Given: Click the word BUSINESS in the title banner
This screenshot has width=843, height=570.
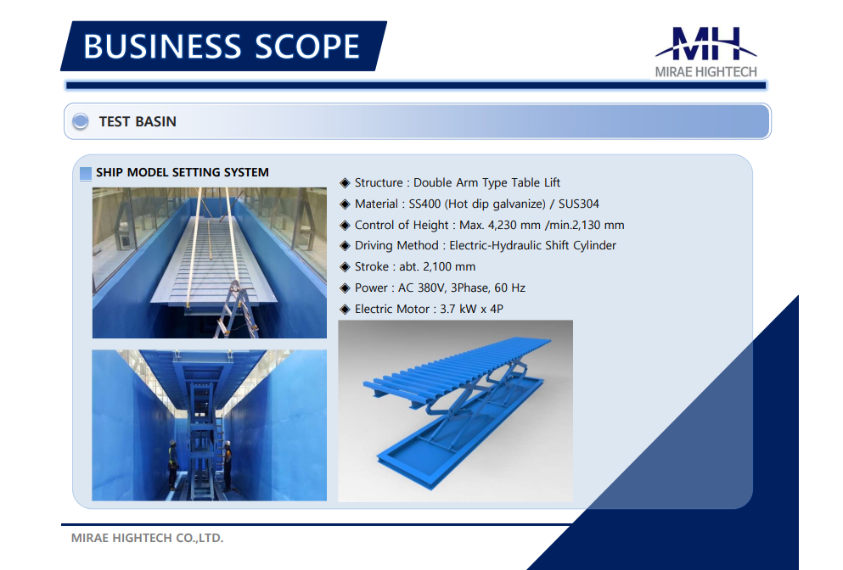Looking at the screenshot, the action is [x=162, y=46].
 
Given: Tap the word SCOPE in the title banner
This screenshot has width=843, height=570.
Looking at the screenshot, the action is [x=307, y=46].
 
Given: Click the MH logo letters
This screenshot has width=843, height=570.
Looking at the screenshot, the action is [x=706, y=43].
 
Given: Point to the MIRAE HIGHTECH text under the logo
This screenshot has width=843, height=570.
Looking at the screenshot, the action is [x=706, y=72].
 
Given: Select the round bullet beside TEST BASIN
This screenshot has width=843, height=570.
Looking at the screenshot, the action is [x=81, y=121].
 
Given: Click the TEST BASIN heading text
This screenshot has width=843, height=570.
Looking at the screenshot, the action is [x=138, y=121].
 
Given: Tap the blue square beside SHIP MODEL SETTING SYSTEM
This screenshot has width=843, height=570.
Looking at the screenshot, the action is [x=86, y=174].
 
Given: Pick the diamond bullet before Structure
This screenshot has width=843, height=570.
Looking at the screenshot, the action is [x=346, y=183].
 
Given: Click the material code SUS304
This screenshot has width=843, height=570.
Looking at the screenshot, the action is [x=578, y=204].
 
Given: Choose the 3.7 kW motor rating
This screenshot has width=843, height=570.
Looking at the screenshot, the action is [x=458, y=309].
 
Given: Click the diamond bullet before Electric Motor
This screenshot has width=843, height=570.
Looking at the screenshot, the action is [x=346, y=310].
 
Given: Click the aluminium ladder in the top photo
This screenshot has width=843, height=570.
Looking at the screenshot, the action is [x=235, y=310].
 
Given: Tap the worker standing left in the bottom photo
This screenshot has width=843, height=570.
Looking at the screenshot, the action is [x=172, y=465].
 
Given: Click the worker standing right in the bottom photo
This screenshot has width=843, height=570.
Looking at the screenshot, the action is [x=228, y=466].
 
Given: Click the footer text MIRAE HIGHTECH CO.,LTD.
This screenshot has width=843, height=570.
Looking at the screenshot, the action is [x=148, y=538].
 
